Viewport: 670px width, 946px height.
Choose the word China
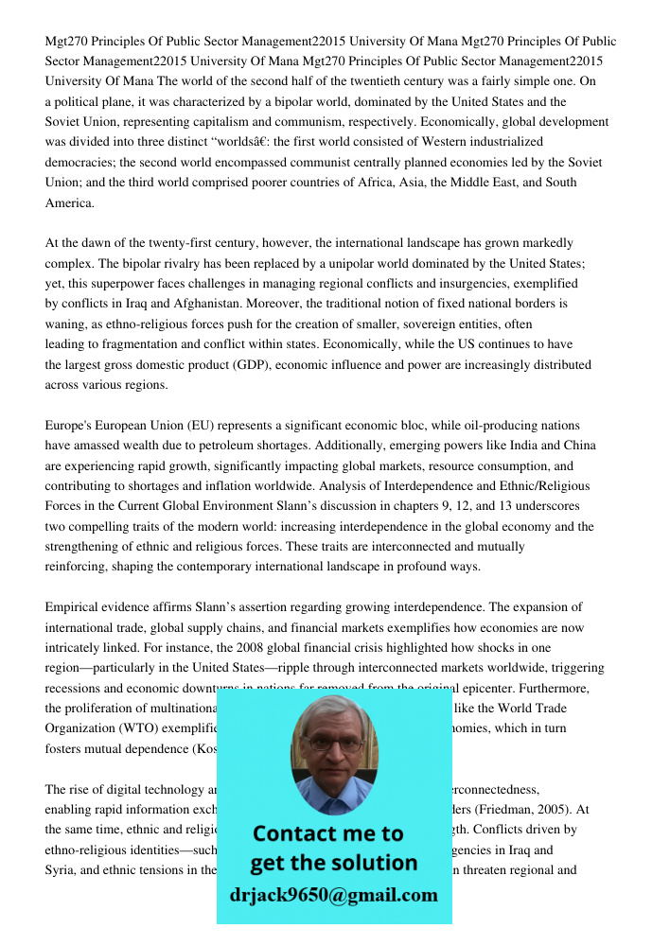[x=578, y=446]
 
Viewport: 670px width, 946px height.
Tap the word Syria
[x=62, y=870]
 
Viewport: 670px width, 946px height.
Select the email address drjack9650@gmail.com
[x=333, y=894]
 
